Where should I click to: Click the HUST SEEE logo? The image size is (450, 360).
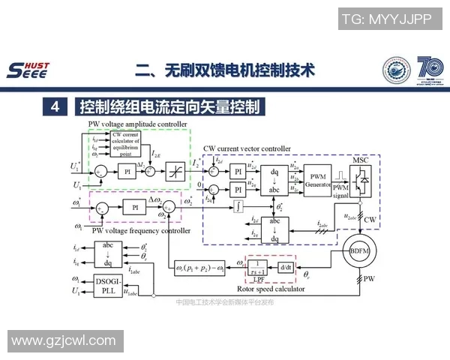(x=27, y=69)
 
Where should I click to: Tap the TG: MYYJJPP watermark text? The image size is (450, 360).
(x=386, y=19)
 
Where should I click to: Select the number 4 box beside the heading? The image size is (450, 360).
(x=55, y=107)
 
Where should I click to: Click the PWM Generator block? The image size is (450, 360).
(x=317, y=178)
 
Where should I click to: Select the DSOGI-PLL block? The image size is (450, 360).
(x=107, y=287)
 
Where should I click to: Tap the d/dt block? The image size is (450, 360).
(x=284, y=266)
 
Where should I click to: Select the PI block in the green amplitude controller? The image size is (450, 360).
(x=127, y=171)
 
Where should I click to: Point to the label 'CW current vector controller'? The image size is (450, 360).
(x=247, y=149)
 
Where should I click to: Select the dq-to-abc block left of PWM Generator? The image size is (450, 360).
(x=276, y=178)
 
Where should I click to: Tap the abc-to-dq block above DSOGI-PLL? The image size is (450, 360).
(x=107, y=254)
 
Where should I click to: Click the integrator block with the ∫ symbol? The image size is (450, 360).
(x=237, y=203)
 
